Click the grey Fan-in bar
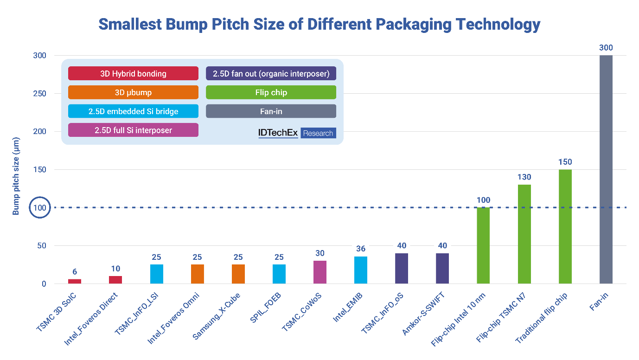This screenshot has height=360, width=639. pyautogui.click(x=606, y=169)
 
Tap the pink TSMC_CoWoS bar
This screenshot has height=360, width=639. pyautogui.click(x=320, y=272)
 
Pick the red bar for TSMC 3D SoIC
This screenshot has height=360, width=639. pyautogui.click(x=75, y=281)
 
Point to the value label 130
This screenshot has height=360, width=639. pyautogui.click(x=524, y=177)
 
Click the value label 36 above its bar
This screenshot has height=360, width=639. pyautogui.click(x=361, y=249)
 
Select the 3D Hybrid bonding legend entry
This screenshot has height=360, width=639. pyautogui.click(x=133, y=73)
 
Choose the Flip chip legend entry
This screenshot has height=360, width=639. pyautogui.click(x=271, y=92)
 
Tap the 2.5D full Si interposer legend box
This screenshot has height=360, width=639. pyautogui.click(x=133, y=130)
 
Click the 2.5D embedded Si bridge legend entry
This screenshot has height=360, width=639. pyautogui.click(x=133, y=111)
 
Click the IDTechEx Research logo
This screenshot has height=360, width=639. pyautogui.click(x=297, y=133)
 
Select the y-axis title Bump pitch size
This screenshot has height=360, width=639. pyautogui.click(x=16, y=176)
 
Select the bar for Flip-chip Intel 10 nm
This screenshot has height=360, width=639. pyautogui.click(x=483, y=245)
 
